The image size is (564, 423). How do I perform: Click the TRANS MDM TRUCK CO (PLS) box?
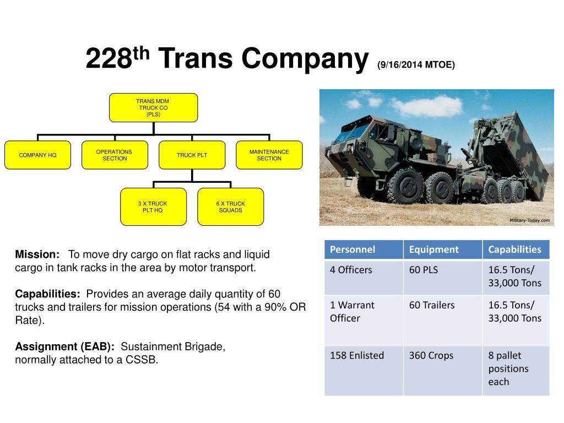pyautogui.click(x=153, y=108)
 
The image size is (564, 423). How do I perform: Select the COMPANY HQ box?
pyautogui.click(x=37, y=155)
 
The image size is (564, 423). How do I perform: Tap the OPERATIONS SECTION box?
pyautogui.click(x=115, y=155)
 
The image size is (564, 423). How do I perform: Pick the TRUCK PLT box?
pyautogui.click(x=192, y=155)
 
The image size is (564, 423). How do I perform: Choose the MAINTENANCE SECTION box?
pyautogui.click(x=269, y=155)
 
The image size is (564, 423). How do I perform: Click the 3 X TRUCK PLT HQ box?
pyautogui.click(x=153, y=207)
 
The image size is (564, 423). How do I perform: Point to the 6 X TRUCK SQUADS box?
pyautogui.click(x=230, y=207)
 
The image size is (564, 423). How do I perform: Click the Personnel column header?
pyautogui.click(x=364, y=250)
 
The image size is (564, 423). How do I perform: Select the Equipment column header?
pyautogui.click(x=443, y=250)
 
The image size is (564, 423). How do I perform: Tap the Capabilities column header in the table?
pyautogui.click(x=516, y=250)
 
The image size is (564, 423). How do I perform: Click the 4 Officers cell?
pyautogui.click(x=364, y=276)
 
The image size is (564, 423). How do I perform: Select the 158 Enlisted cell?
pyautogui.click(x=364, y=370)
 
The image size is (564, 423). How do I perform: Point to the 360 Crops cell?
pyautogui.click(x=443, y=370)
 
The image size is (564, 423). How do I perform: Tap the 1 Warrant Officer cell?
pyautogui.click(x=364, y=320)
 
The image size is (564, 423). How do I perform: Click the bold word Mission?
pyautogui.click(x=37, y=254)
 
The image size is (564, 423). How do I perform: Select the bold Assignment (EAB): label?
pyautogui.click(x=65, y=347)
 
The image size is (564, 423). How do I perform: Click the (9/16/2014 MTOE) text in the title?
pyautogui.click(x=416, y=65)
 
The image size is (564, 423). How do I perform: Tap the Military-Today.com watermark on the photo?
pyautogui.click(x=529, y=220)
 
